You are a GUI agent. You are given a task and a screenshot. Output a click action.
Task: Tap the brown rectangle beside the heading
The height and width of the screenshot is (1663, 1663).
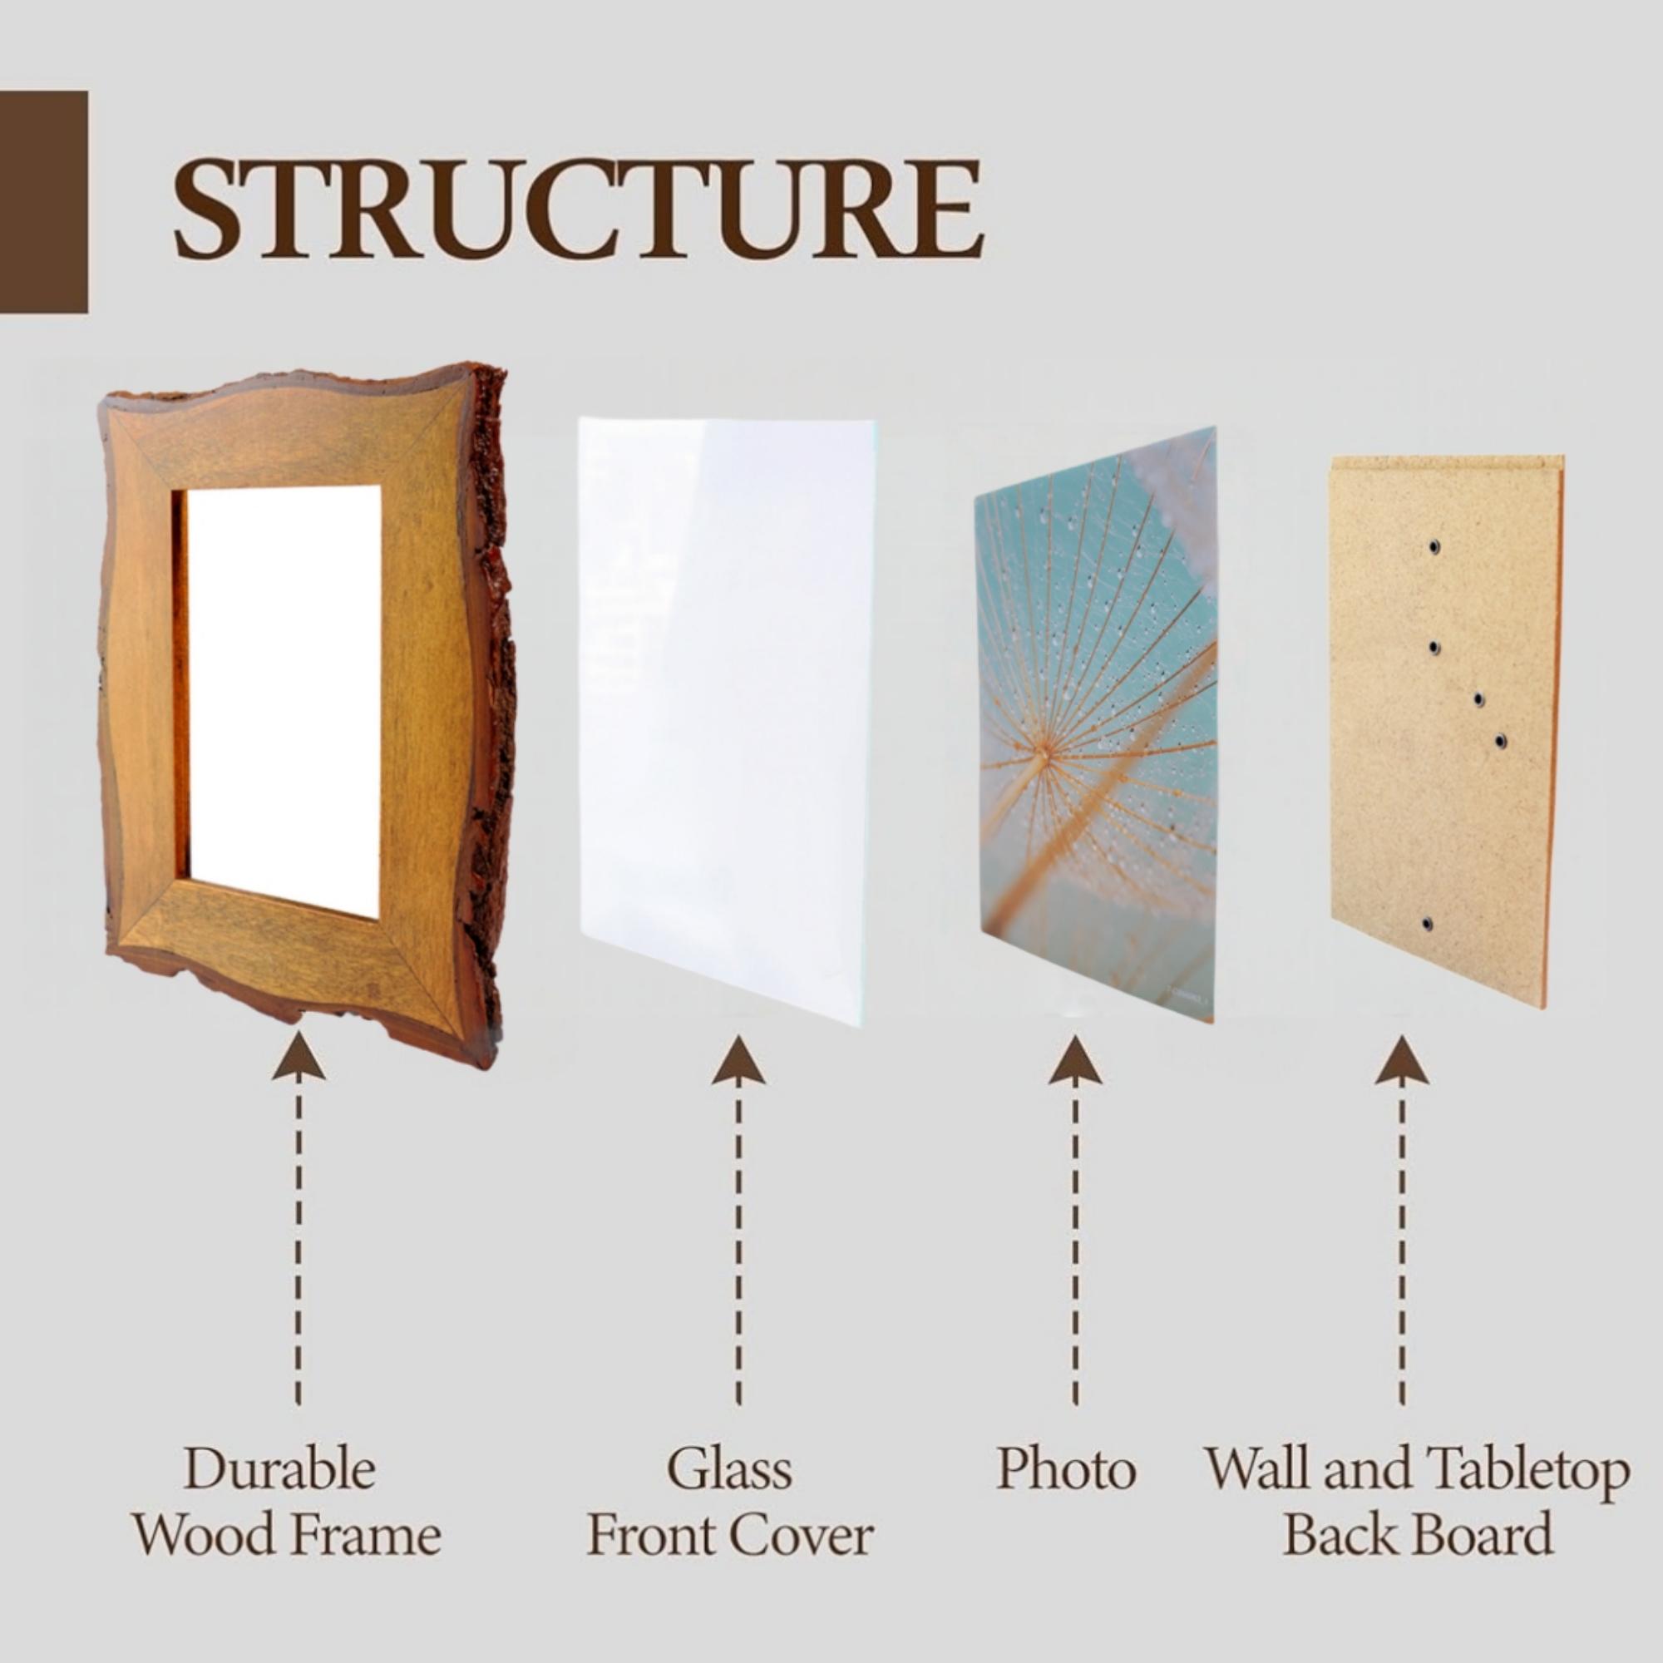[43, 201]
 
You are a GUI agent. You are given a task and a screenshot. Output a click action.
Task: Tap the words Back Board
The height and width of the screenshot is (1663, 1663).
[1419, 1534]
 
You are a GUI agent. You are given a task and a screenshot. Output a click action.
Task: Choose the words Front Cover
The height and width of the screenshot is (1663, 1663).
[730, 1534]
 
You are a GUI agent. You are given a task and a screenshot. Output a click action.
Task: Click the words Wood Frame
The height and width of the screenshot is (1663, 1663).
[287, 1534]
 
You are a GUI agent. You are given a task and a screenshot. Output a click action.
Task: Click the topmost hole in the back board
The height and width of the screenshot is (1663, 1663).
[1434, 546]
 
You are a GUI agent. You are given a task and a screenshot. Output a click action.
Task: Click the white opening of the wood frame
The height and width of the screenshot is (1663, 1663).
[284, 688]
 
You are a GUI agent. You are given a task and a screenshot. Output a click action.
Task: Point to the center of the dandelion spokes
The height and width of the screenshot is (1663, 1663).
[1047, 753]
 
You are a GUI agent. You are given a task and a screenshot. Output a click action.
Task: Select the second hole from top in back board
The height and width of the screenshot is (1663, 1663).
[1434, 646]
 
